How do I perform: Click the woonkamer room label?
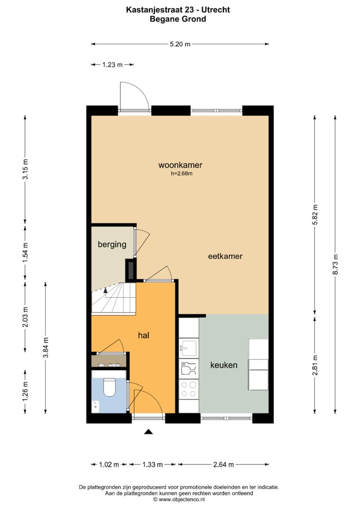click(180, 165)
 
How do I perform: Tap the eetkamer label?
click(225, 256)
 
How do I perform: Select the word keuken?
click(223, 365)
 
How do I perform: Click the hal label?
click(144, 335)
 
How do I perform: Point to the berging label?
click(112, 244)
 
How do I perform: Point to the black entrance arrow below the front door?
click(148, 431)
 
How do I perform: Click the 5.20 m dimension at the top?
click(180, 44)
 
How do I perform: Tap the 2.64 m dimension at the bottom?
click(223, 464)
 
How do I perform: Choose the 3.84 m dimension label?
click(45, 348)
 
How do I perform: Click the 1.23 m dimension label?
click(112, 64)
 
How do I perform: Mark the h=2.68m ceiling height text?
click(181, 174)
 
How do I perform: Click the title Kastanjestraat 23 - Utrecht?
click(178, 9)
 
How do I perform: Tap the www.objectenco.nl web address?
click(181, 499)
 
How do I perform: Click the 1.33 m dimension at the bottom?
click(152, 464)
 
